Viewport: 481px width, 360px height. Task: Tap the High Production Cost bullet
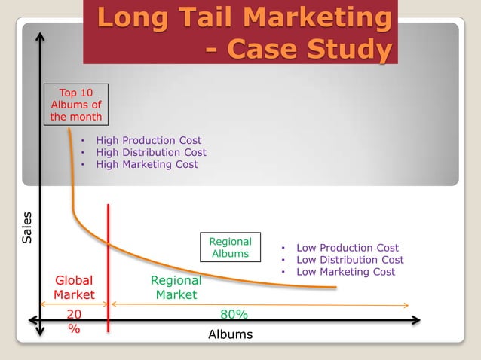pyautogui.click(x=148, y=140)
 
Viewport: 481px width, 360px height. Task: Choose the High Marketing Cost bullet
pyautogui.click(x=146, y=164)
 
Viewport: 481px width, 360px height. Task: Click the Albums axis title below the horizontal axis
pyautogui.click(x=230, y=334)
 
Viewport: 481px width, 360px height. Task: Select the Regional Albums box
pyautogui.click(x=230, y=248)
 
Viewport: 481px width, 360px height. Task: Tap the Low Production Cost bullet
pyautogui.click(x=347, y=248)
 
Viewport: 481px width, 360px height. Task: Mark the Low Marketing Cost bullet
pyautogui.click(x=345, y=272)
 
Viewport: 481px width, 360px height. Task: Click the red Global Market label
pyautogui.click(x=74, y=288)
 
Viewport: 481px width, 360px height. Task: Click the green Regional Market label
pyautogui.click(x=176, y=288)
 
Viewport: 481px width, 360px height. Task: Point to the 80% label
pyautogui.click(x=234, y=314)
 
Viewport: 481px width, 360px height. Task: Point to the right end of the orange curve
pyautogui.click(x=335, y=287)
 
